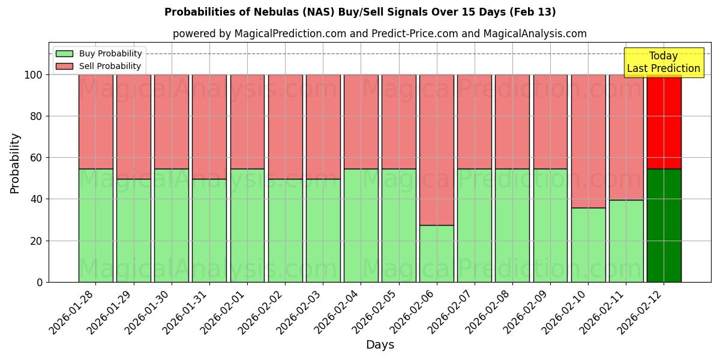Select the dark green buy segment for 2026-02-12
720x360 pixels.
pos(664,225)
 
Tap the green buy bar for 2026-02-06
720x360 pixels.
pos(437,253)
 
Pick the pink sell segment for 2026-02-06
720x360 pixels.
pos(437,150)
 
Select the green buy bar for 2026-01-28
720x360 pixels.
pos(95,225)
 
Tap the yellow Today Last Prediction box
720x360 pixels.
pos(663,62)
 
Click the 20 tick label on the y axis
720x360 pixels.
pos(37,241)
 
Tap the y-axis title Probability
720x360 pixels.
pos(15,163)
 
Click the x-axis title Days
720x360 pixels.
pos(380,345)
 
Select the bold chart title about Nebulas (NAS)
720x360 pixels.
pos(360,12)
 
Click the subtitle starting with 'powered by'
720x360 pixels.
pos(380,34)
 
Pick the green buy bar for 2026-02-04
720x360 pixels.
pos(361,225)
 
